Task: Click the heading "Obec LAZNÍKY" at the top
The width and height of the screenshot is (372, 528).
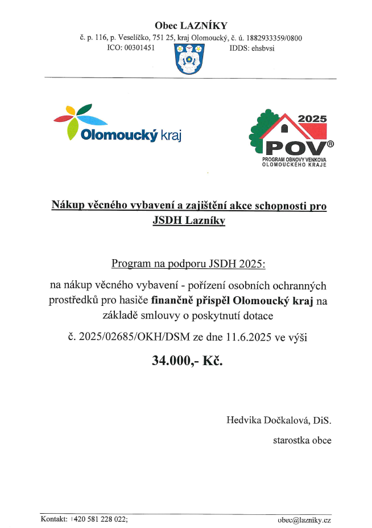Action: (x=191, y=25)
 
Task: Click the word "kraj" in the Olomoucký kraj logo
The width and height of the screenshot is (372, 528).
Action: (x=173, y=135)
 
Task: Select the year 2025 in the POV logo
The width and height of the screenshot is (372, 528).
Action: (x=312, y=119)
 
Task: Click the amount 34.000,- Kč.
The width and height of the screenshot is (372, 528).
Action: (x=188, y=361)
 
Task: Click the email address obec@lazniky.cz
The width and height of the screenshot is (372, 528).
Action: (x=304, y=519)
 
